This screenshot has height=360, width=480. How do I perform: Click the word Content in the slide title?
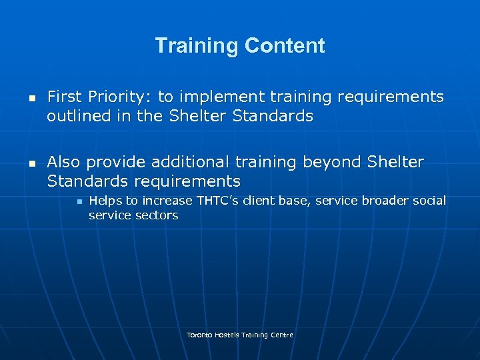[285, 46]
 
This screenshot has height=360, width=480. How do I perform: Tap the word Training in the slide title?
[197, 46]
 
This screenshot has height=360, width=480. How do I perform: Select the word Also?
[65, 163]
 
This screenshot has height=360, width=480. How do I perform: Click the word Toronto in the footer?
[199, 335]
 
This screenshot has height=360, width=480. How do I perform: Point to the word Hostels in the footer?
[226, 335]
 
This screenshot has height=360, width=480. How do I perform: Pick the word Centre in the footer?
[282, 335]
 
